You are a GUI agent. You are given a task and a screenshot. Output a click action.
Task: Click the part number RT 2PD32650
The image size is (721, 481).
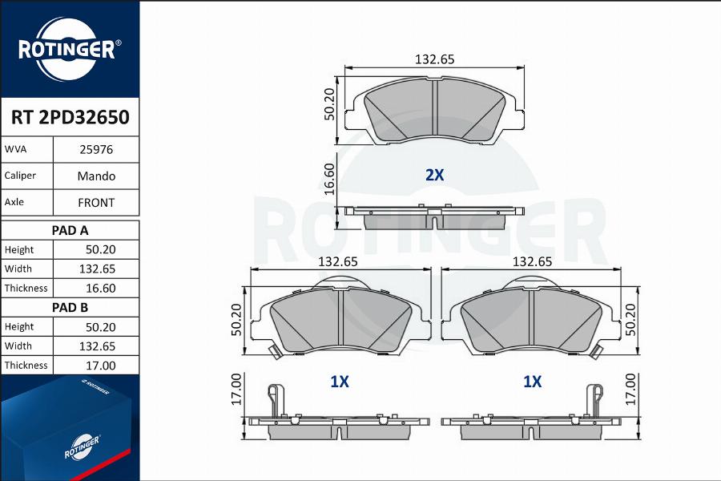click(70, 117)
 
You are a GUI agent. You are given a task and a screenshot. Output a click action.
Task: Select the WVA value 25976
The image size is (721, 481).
click(96, 150)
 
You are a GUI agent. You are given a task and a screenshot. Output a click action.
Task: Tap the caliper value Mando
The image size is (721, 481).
click(96, 176)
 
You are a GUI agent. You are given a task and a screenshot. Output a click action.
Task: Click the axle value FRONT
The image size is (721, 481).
click(96, 203)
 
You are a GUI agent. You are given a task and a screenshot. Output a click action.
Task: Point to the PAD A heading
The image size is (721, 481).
click(70, 230)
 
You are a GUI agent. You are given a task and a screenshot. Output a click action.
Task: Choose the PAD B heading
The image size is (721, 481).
click(70, 308)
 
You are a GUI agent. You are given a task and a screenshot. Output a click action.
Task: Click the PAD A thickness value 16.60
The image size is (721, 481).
click(101, 288)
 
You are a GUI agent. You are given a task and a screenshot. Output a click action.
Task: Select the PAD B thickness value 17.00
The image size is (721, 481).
click(101, 366)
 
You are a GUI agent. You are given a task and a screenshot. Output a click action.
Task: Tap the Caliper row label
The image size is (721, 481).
click(20, 176)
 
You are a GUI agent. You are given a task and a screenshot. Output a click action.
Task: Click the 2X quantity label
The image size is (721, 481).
click(434, 175)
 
